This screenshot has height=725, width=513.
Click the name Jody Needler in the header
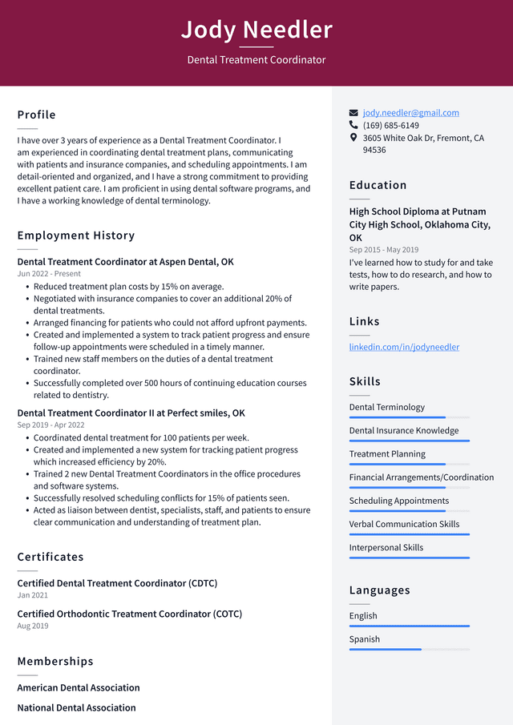point(256,30)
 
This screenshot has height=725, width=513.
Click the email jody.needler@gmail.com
point(410,113)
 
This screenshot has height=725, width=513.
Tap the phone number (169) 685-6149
point(390,126)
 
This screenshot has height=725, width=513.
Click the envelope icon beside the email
point(353,113)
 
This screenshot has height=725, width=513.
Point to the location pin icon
point(353,138)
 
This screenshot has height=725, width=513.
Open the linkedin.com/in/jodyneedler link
point(404,347)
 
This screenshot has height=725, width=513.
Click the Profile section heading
point(37,115)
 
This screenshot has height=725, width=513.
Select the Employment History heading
point(76,236)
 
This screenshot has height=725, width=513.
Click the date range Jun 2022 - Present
point(49,274)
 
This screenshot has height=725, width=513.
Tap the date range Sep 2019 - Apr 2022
point(50,425)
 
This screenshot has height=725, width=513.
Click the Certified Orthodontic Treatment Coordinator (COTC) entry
point(129,614)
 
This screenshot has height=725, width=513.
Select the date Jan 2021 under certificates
point(33,595)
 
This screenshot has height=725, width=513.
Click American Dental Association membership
point(79,687)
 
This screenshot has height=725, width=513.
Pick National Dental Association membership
point(76,707)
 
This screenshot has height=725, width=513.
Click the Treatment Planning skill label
point(387,453)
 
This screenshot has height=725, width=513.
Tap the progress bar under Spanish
point(409,649)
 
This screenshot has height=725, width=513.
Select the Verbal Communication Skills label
point(404,524)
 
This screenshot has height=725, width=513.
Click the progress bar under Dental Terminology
point(409,417)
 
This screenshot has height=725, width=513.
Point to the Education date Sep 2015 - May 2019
point(384,250)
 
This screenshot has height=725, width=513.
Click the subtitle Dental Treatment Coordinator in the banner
point(256,60)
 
